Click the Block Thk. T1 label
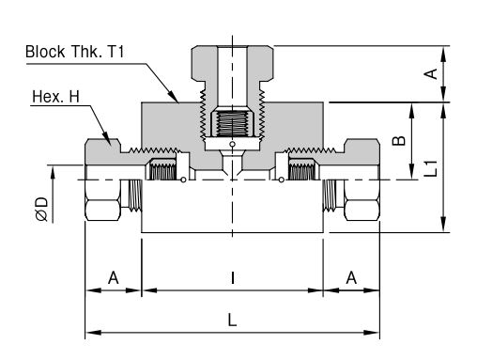pos(74,52)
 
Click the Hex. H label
pos(55,97)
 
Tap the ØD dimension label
pos(42,209)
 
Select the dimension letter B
pos(398,141)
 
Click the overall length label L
pos(232,321)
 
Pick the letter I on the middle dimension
pos(232,277)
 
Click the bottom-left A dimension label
pos(114,277)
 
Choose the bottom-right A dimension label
pos(351,277)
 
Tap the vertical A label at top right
pos(431,74)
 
